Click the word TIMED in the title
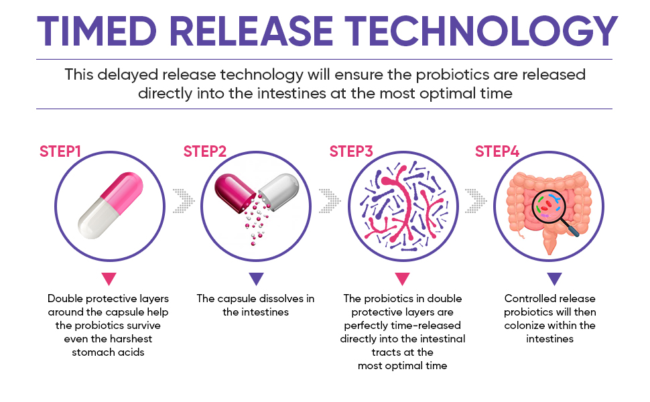(x=97, y=31)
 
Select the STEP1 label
(x=60, y=151)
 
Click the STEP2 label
(x=205, y=151)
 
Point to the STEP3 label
(x=351, y=151)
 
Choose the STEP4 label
(x=497, y=151)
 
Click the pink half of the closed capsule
(x=123, y=192)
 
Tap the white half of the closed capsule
(x=98, y=219)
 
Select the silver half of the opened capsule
(x=279, y=192)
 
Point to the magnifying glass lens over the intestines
(x=547, y=204)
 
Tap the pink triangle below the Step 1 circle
(x=109, y=279)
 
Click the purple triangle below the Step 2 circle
(x=256, y=279)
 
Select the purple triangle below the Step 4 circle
(x=554, y=279)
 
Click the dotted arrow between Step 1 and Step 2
(x=184, y=201)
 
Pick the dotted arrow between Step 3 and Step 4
(x=476, y=201)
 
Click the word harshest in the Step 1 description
(x=129, y=339)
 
